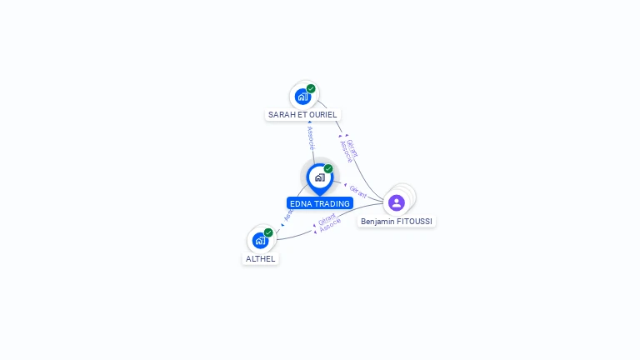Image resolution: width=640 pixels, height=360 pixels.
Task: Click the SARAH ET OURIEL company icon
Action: point(303,96)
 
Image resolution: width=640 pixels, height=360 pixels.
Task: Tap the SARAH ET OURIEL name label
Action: point(303,114)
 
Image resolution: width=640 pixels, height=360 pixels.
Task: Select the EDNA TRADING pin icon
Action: point(319,177)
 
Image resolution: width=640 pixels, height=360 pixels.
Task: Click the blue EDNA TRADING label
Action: point(320,203)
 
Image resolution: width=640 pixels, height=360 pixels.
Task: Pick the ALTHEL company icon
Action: point(260,240)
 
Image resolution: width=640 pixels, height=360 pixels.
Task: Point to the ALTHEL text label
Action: point(260,258)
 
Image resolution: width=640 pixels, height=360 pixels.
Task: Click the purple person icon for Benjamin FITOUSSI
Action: point(397,202)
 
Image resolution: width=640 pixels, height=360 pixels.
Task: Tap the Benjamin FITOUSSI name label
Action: point(397,222)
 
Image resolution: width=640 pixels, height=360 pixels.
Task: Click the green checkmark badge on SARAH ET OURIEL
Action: point(311,88)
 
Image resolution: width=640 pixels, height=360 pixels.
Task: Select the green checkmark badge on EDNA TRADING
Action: point(328,169)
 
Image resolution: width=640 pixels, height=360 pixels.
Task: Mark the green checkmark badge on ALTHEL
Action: point(268,232)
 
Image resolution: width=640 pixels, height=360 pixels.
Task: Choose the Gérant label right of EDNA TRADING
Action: point(357,191)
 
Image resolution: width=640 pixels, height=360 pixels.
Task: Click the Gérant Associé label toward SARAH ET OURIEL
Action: point(349,149)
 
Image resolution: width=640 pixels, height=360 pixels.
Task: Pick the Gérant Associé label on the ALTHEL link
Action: point(328,222)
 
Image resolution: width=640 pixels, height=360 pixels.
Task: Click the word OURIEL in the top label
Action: point(323,114)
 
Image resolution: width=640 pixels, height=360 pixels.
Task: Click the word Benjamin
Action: point(377,222)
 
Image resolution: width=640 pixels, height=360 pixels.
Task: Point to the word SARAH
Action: point(281,114)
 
